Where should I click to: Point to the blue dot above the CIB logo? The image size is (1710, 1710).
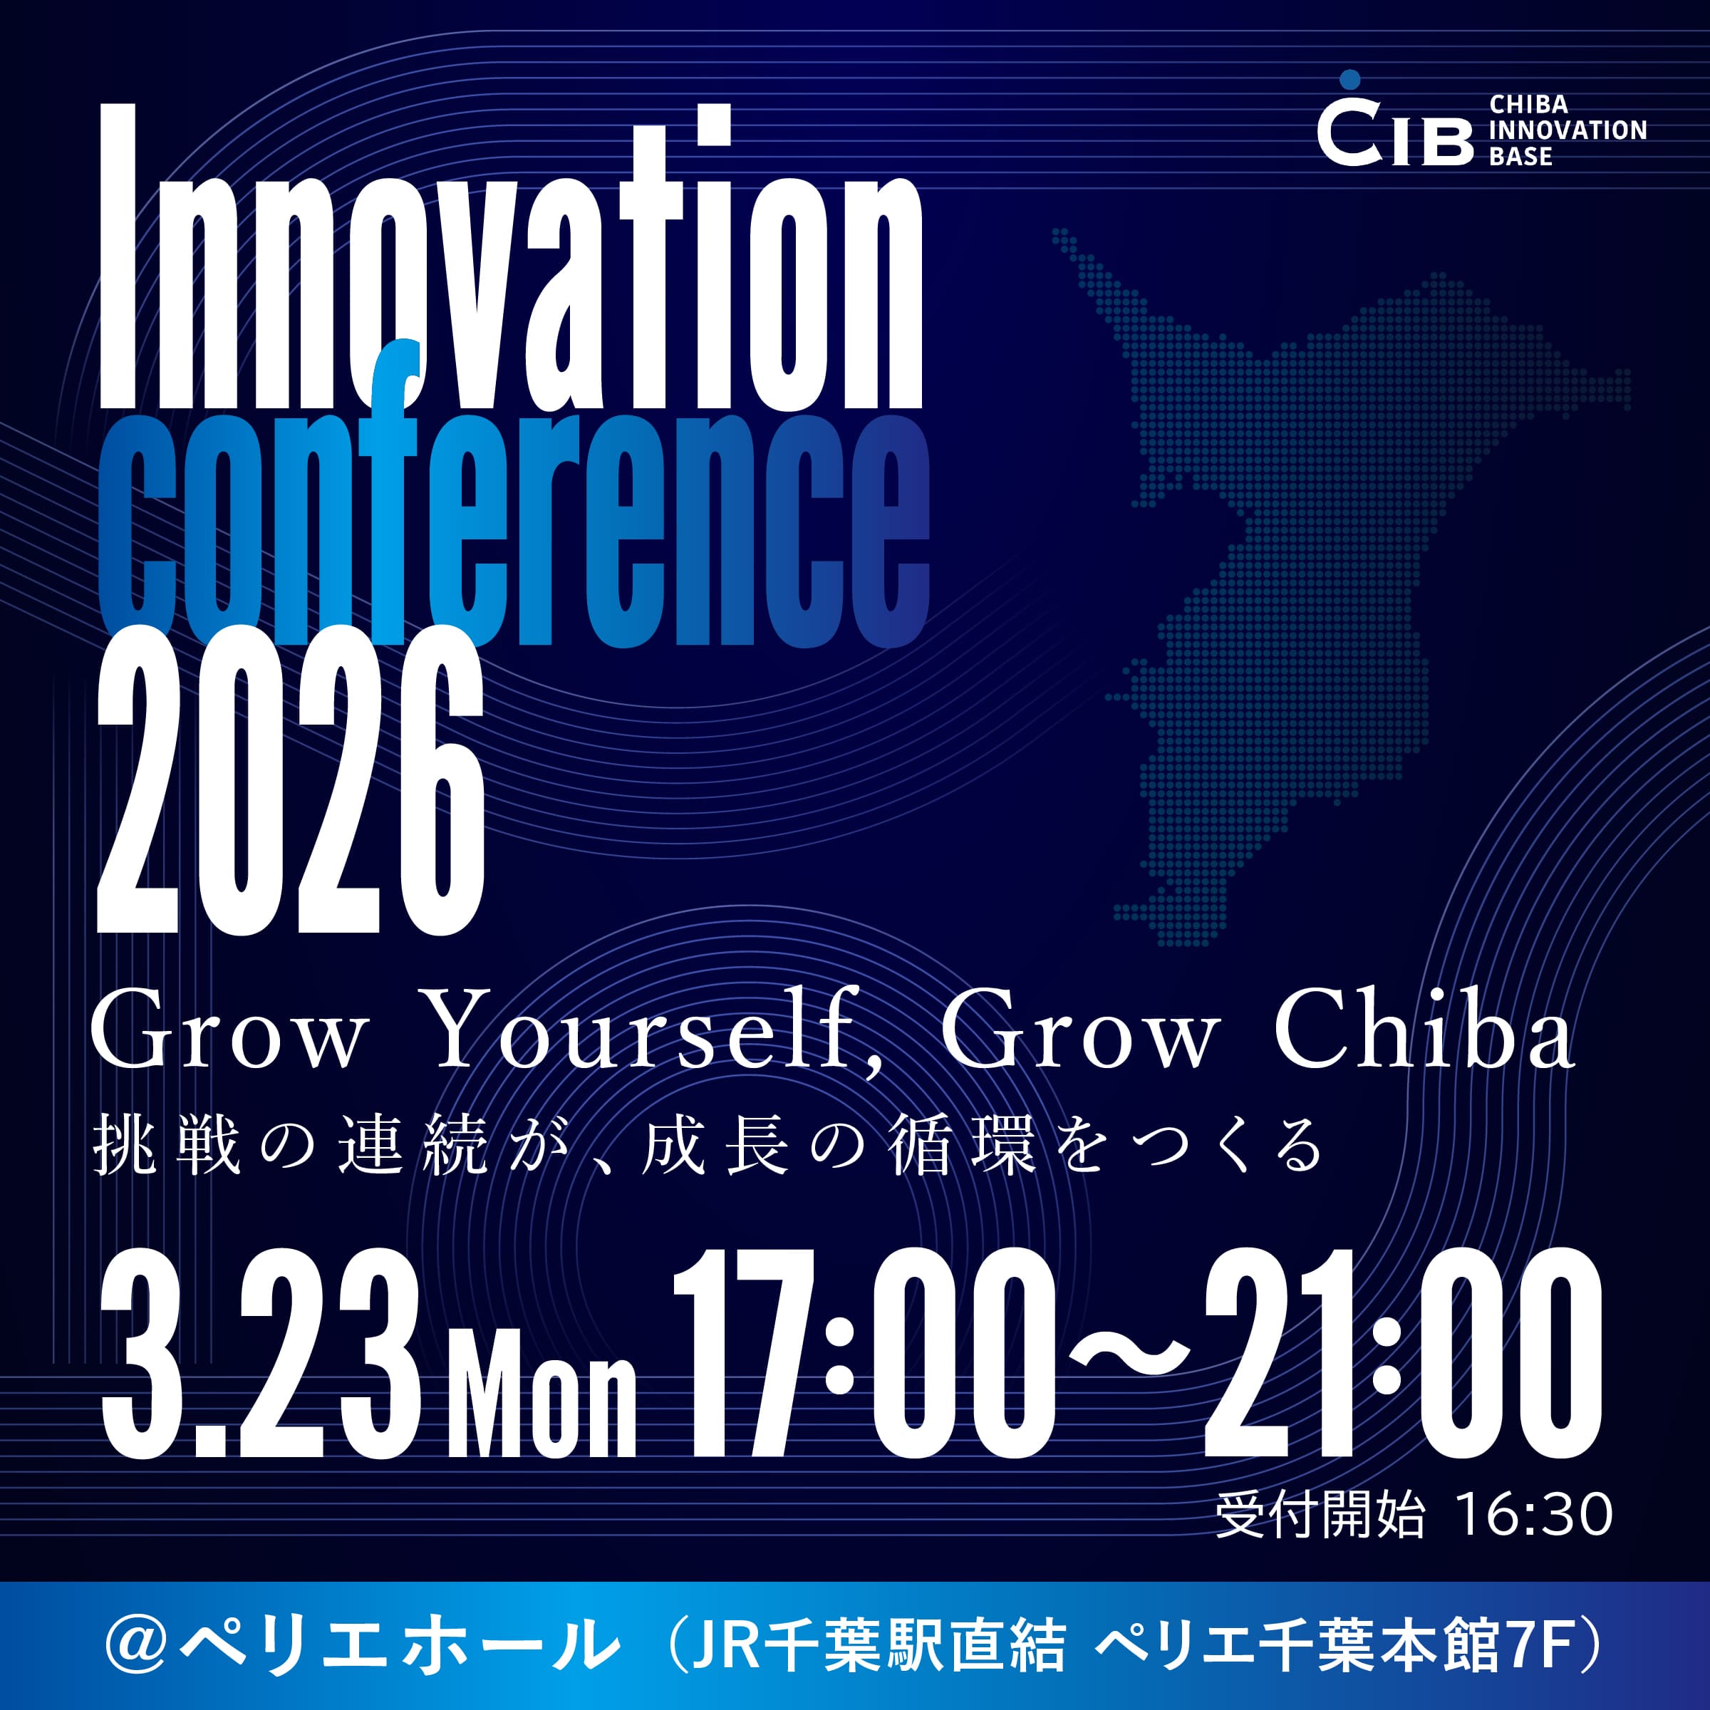pyautogui.click(x=1349, y=80)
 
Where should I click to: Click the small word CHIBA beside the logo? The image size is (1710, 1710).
pyautogui.click(x=1528, y=105)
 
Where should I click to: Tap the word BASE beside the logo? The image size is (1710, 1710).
pyautogui.click(x=1520, y=157)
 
